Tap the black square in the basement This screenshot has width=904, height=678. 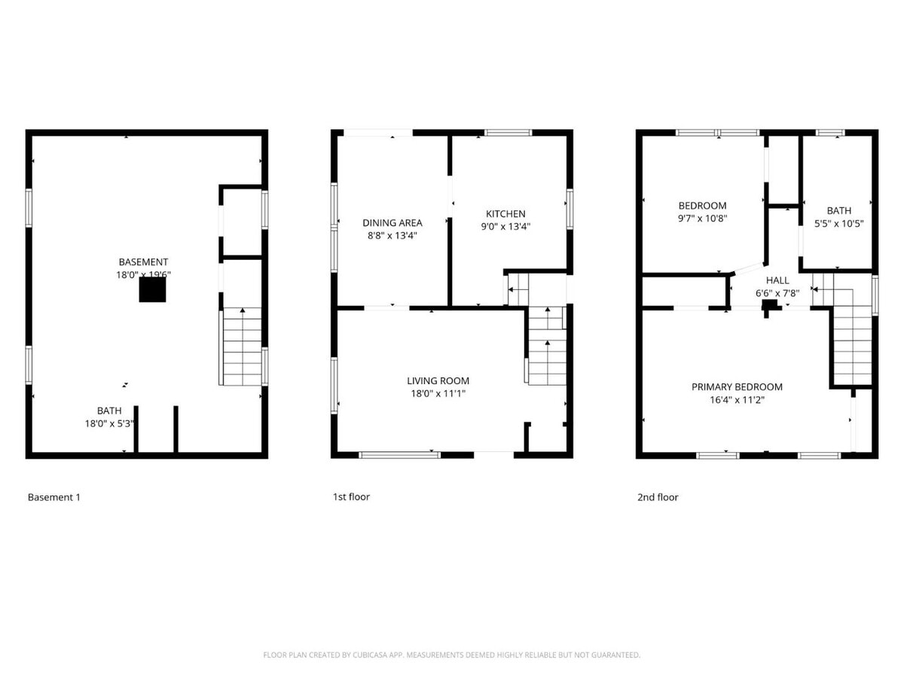(x=152, y=290)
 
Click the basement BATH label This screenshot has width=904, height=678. (x=108, y=411)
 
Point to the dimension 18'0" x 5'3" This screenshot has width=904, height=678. (x=108, y=423)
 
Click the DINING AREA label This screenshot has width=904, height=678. (x=392, y=222)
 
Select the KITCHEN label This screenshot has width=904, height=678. (x=505, y=213)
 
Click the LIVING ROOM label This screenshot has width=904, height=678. (x=438, y=380)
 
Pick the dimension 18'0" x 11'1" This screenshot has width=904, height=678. (x=438, y=393)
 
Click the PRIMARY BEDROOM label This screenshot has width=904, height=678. (x=737, y=386)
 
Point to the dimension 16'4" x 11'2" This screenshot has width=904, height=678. (x=737, y=400)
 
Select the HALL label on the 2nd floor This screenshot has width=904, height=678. (x=777, y=280)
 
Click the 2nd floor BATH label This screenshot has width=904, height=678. (x=838, y=211)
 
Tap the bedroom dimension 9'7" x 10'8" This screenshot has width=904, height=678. (x=702, y=218)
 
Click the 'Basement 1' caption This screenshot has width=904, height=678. (x=53, y=497)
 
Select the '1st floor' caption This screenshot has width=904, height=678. (x=351, y=497)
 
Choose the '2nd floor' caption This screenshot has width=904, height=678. (x=658, y=497)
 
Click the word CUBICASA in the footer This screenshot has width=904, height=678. (x=372, y=655)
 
